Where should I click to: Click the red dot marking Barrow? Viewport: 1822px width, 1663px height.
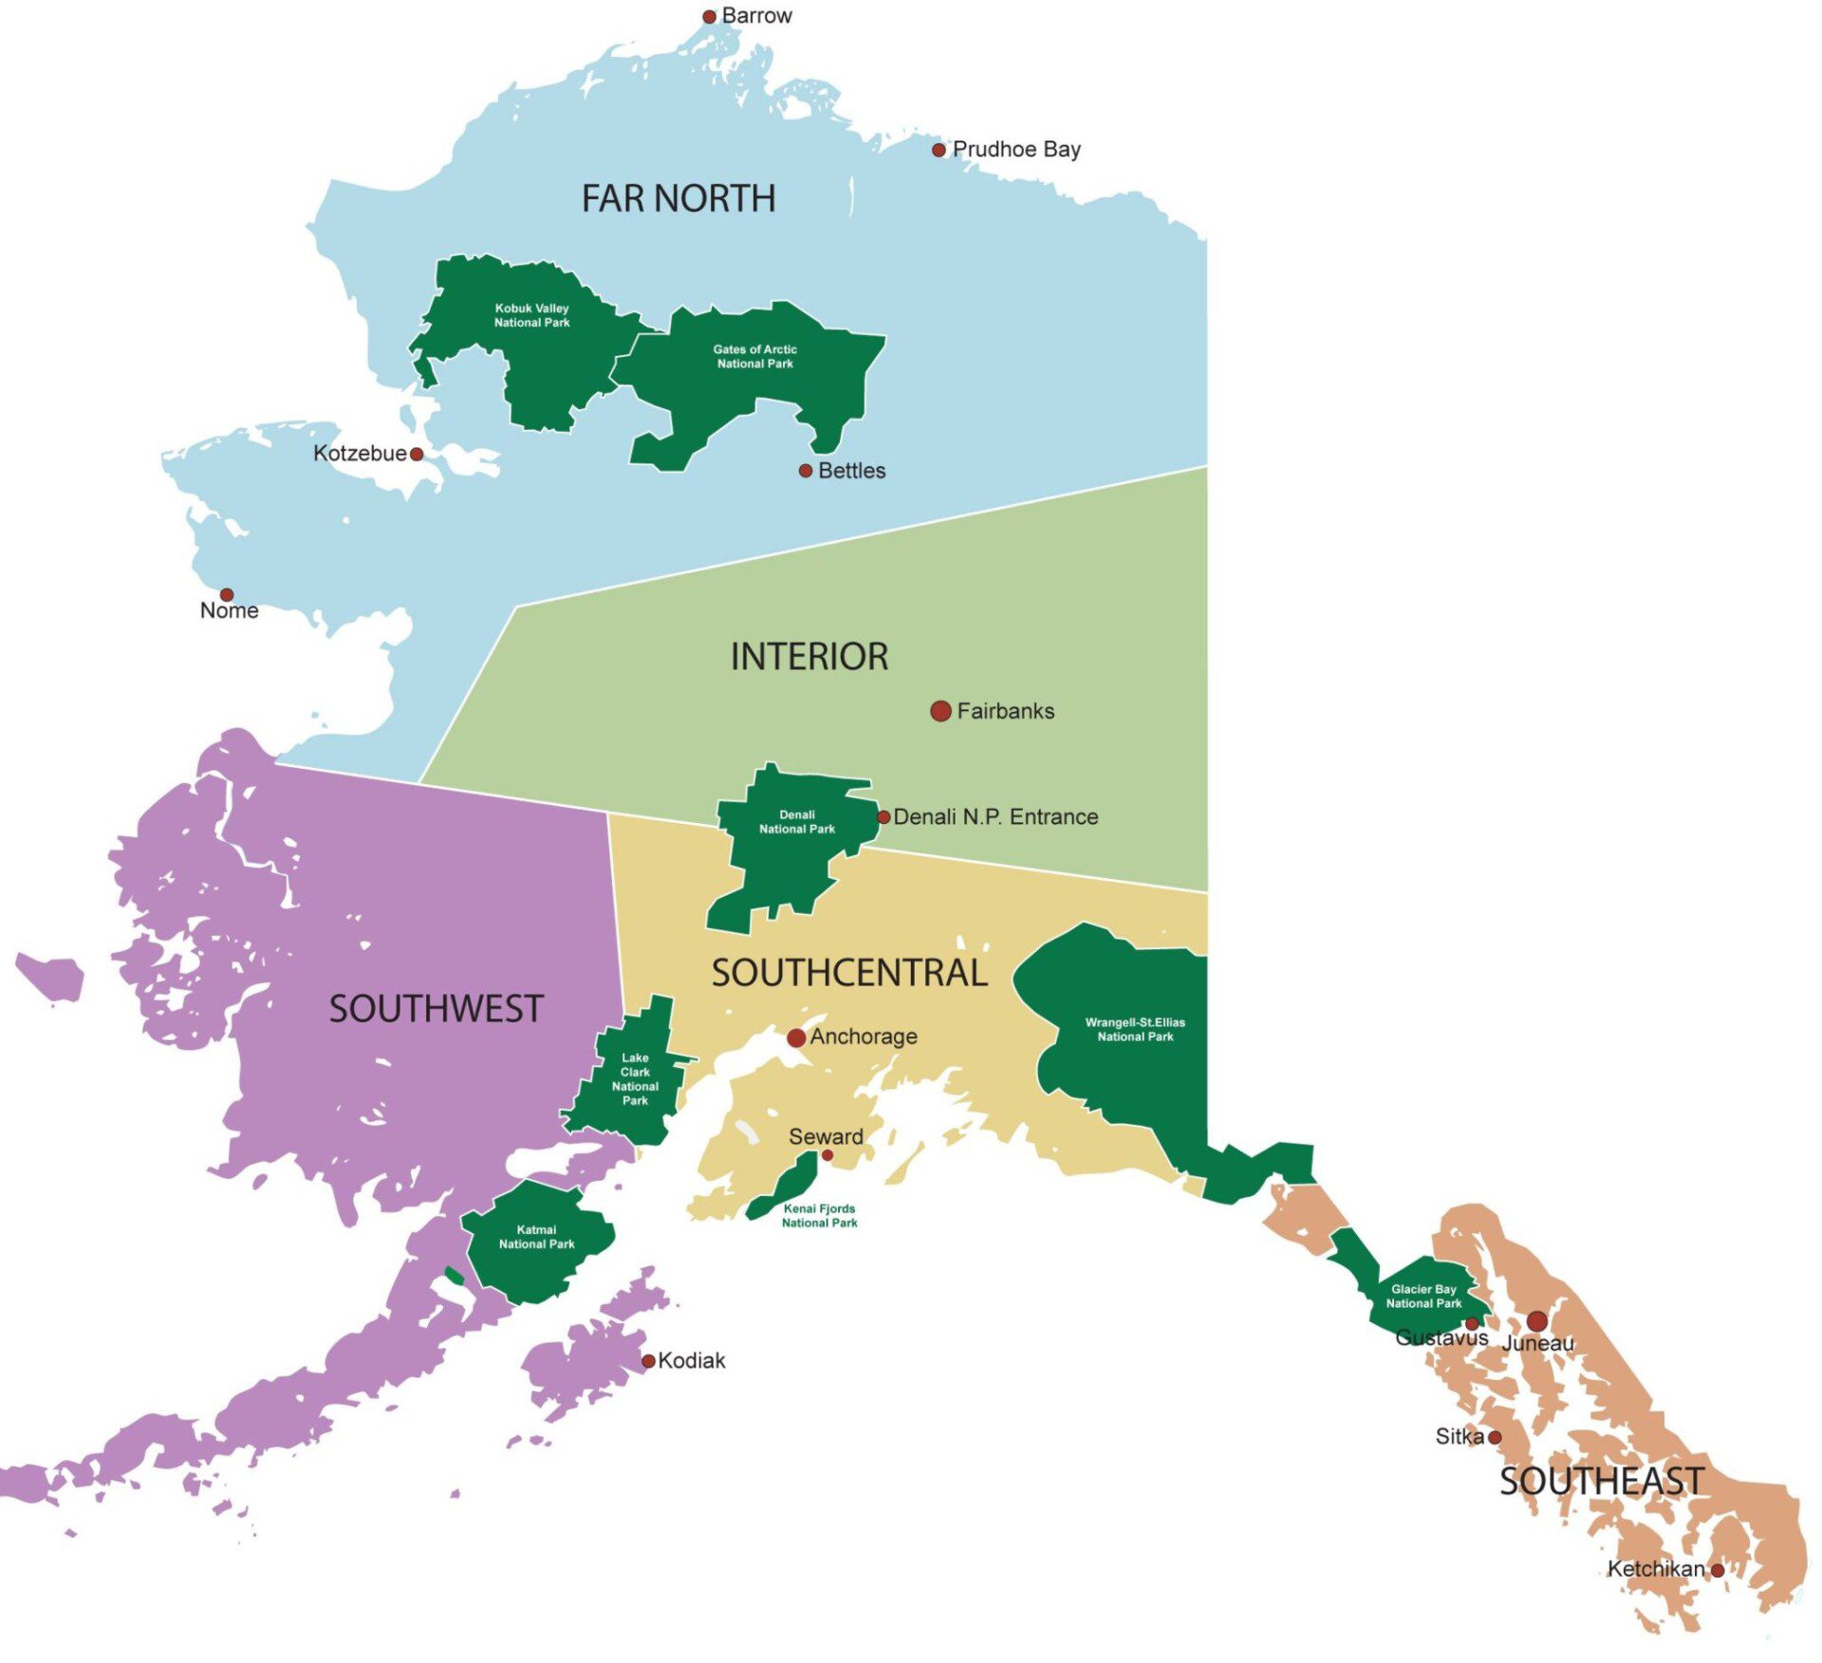[x=709, y=16]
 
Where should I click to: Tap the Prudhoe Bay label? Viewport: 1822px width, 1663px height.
[x=1016, y=149]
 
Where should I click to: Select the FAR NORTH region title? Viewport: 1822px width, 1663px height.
[x=679, y=198]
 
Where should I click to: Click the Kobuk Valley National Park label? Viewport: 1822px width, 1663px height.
[x=531, y=315]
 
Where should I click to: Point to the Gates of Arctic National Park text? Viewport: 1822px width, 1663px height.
[x=754, y=356]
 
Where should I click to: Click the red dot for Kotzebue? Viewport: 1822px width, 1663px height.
[x=416, y=454]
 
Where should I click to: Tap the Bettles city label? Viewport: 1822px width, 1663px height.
[x=851, y=471]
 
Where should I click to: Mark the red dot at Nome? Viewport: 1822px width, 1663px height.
[x=227, y=595]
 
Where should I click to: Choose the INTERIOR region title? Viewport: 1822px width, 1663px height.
[x=809, y=657]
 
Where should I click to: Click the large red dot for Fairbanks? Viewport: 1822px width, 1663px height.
[x=940, y=711]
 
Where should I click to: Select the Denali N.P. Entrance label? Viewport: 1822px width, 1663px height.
[x=995, y=816]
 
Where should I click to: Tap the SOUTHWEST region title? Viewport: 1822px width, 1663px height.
[x=437, y=1008]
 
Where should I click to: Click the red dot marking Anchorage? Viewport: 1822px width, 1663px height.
[x=796, y=1037]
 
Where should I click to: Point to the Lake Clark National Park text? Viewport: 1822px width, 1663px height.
[x=635, y=1079]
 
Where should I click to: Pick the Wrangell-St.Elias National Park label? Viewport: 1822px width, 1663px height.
[x=1135, y=1029]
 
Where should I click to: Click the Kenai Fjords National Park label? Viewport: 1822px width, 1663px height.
[x=819, y=1215]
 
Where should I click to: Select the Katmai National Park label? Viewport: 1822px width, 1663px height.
[x=536, y=1236]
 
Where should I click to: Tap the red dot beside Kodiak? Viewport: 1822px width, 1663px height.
[x=648, y=1361]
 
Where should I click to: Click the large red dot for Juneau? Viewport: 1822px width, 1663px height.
[x=1537, y=1321]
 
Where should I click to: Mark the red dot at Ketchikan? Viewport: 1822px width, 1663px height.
[x=1717, y=1571]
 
